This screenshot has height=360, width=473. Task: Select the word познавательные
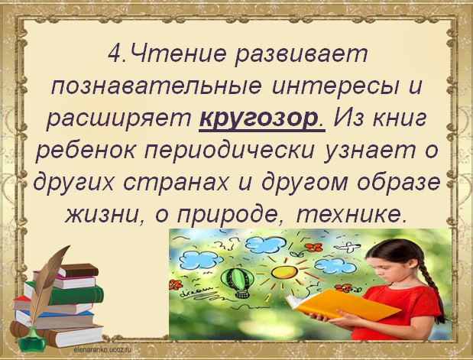[156, 86]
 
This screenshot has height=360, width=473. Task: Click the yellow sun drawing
[284, 271]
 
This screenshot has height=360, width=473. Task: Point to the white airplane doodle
[348, 247]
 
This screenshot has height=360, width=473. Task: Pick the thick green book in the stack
[66, 294]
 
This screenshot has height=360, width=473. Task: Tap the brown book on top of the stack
[79, 270]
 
